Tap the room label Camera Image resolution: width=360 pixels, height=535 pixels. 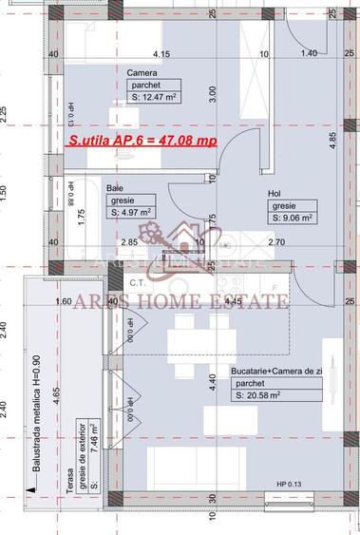[x=142, y=72]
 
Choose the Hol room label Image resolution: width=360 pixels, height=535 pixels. [x=275, y=194]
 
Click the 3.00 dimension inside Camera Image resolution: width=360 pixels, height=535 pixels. [x=214, y=94]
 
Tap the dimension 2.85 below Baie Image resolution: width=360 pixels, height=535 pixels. [x=128, y=243]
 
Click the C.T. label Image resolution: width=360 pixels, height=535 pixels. [x=136, y=282]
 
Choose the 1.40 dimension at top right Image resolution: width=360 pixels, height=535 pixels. [x=308, y=54]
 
